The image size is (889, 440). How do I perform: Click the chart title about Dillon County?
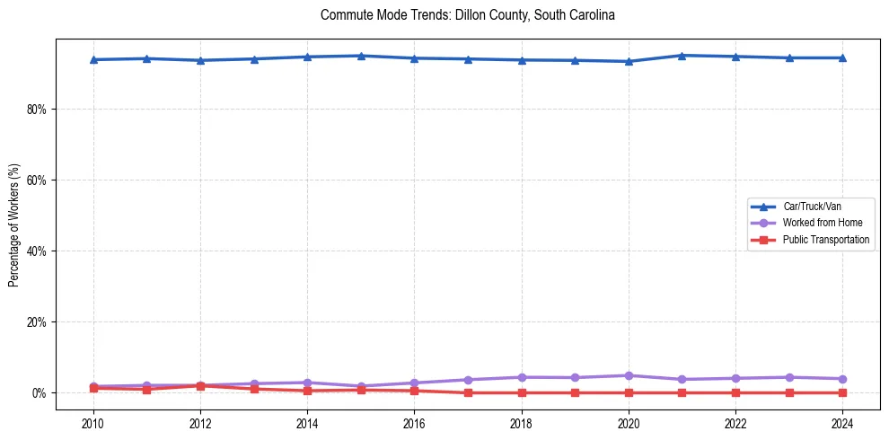pyautogui.click(x=467, y=15)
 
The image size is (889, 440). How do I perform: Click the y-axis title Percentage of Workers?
pyautogui.click(x=13, y=224)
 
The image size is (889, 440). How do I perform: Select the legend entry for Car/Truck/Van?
pyautogui.click(x=812, y=207)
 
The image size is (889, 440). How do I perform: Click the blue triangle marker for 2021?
pyautogui.click(x=682, y=56)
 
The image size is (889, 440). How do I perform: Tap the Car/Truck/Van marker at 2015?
pyautogui.click(x=361, y=56)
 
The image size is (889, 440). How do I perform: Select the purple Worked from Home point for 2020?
pyautogui.click(x=629, y=375)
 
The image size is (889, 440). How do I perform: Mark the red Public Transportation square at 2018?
pyautogui.click(x=522, y=392)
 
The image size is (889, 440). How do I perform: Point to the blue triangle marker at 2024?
pyautogui.click(x=842, y=57)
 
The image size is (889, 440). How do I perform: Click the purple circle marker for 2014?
pyautogui.click(x=307, y=383)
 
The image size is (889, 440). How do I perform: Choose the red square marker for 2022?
pyautogui.click(x=735, y=392)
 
